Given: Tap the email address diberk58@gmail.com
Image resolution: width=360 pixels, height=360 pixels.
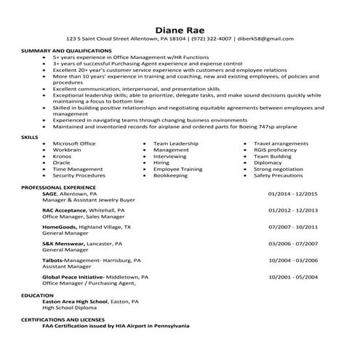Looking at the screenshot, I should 267,39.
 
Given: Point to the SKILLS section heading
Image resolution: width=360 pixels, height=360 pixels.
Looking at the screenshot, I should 30,136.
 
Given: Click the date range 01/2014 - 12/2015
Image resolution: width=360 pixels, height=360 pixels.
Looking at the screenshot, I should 293,194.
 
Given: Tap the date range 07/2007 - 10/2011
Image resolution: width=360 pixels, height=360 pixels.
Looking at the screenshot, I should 293,227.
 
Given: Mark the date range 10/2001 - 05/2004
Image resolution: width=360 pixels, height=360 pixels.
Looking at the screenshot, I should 293,276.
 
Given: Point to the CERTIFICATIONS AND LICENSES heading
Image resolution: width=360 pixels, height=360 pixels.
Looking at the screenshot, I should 63,319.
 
